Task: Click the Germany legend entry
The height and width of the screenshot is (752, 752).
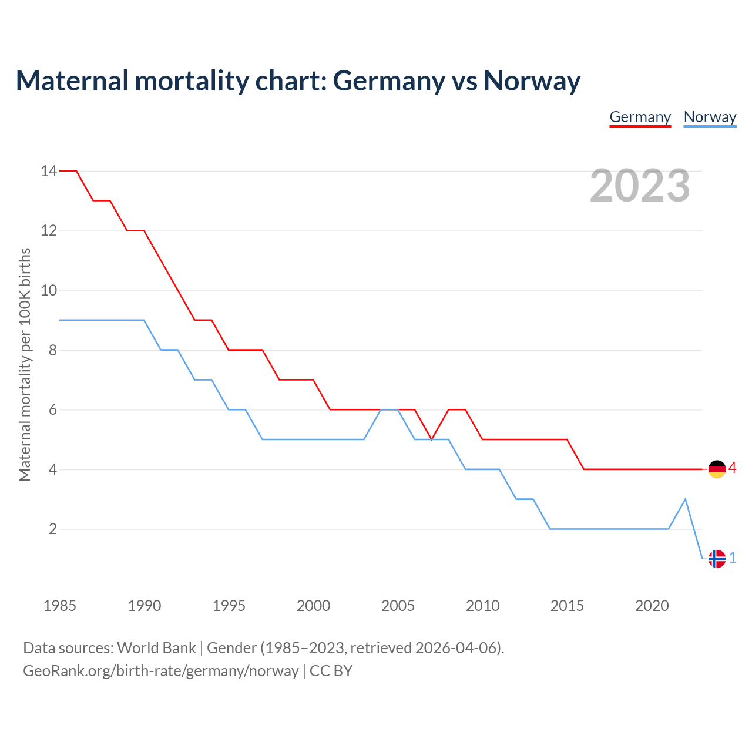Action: click(x=640, y=117)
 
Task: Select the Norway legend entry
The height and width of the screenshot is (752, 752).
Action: click(x=710, y=117)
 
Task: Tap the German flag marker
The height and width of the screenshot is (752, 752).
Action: click(x=717, y=469)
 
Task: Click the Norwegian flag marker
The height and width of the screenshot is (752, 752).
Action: click(x=717, y=558)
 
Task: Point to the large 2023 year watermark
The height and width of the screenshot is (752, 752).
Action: click(x=640, y=186)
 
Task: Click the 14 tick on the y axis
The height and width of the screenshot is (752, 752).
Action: click(x=49, y=171)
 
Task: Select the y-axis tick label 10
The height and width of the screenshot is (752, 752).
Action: click(x=49, y=290)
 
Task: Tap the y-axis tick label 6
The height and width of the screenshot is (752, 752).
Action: click(x=53, y=409)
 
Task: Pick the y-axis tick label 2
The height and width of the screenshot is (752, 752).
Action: click(x=53, y=529)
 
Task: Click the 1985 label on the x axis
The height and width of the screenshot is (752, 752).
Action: click(x=60, y=606)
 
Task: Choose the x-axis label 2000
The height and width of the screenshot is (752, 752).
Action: click(x=313, y=606)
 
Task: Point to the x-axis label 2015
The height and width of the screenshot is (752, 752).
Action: click(x=567, y=606)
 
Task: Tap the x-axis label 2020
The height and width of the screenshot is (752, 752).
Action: click(x=652, y=606)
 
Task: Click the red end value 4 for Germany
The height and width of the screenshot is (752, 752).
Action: click(x=733, y=468)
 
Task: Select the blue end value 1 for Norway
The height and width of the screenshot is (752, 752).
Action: click(x=733, y=558)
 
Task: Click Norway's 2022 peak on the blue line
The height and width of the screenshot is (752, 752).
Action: click(x=686, y=499)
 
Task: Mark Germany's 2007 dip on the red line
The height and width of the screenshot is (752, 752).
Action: click(x=432, y=439)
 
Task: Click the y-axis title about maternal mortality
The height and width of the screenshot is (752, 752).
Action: click(x=25, y=364)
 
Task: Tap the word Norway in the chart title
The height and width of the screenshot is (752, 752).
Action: click(x=532, y=80)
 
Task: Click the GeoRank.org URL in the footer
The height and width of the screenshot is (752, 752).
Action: click(x=160, y=671)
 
